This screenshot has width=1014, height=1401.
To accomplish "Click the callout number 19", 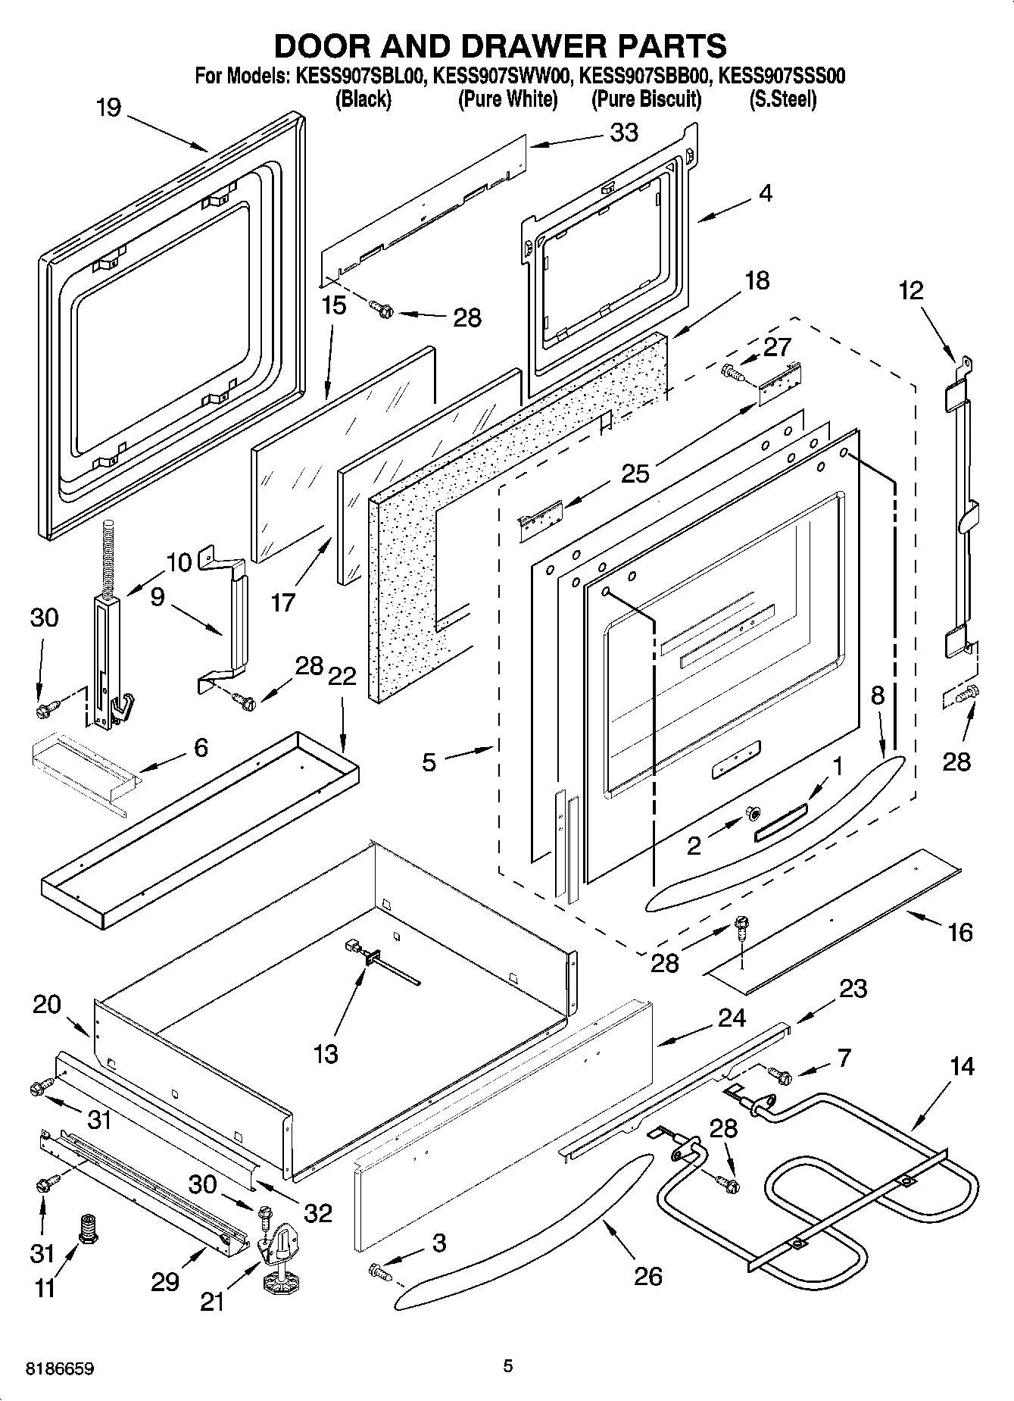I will pyautogui.click(x=109, y=108).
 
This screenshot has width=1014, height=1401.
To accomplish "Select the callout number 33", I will pyautogui.click(x=624, y=133).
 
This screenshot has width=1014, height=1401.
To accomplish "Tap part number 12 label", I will pyautogui.click(x=912, y=291).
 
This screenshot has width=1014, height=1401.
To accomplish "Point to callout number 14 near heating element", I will pyautogui.click(x=961, y=1067).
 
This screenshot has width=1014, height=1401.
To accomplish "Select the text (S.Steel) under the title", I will pyautogui.click(x=782, y=99).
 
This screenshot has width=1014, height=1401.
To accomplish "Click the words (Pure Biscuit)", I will pyautogui.click(x=646, y=99).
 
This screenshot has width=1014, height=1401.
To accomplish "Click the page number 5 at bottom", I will pyautogui.click(x=508, y=1366).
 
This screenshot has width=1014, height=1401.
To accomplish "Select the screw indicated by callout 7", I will pyautogui.click(x=779, y=1074).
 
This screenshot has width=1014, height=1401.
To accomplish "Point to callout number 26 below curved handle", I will pyautogui.click(x=648, y=1276).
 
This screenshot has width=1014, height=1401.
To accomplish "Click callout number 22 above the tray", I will pyautogui.click(x=342, y=676).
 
